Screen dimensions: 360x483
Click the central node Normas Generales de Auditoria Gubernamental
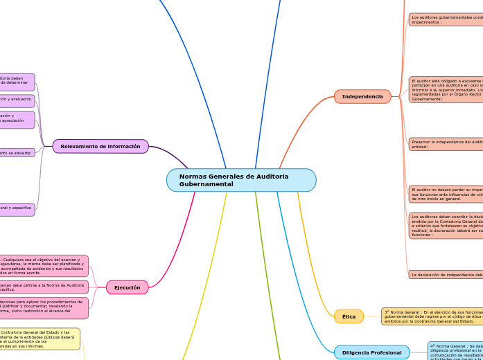pos(241,180)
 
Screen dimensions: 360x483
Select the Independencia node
pos(362,96)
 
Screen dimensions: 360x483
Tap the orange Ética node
pos(349,316)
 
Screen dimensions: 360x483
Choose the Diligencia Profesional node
pos(371,352)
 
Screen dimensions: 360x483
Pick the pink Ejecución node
pos(127,287)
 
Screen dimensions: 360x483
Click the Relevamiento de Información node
pos(100,146)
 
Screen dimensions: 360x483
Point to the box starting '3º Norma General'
pos(432,316)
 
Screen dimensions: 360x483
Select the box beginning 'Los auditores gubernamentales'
pos(446,19)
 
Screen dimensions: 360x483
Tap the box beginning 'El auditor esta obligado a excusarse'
pos(446,89)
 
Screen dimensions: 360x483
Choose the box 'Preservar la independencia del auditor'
pos(446,144)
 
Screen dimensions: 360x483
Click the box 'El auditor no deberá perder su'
pos(446,194)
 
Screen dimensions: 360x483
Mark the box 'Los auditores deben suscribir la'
pos(446,226)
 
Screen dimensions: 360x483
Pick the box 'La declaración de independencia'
pos(446,274)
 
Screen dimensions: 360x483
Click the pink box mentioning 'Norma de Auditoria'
pos(44,287)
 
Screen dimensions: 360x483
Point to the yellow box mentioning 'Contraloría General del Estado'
pos(39,339)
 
